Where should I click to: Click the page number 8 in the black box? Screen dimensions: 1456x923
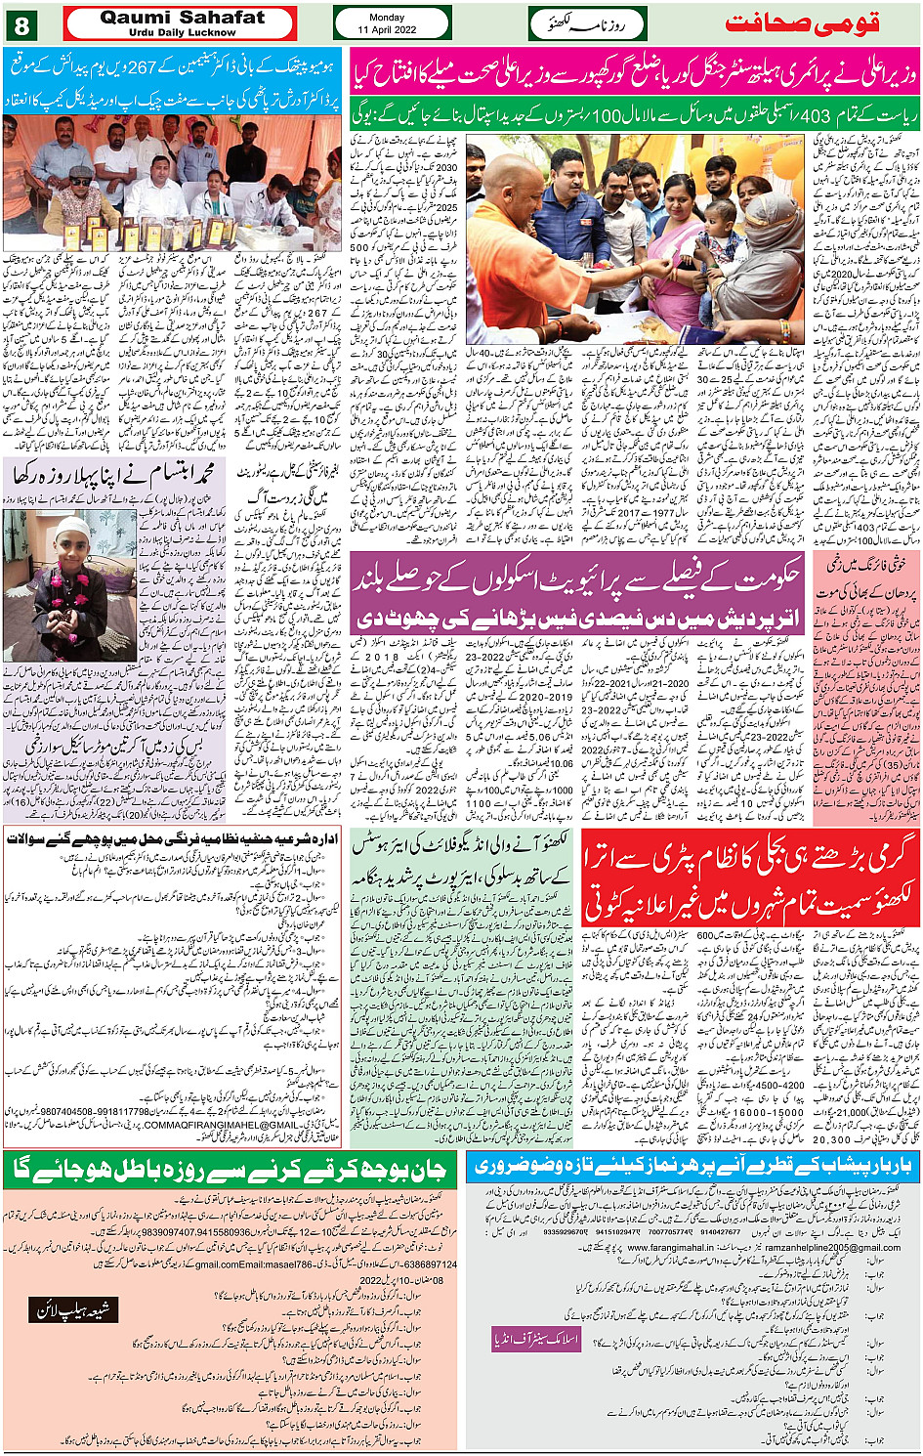tap(21, 22)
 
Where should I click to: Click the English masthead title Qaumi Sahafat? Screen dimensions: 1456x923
tap(182, 18)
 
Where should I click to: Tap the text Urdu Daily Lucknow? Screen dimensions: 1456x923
tap(182, 32)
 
